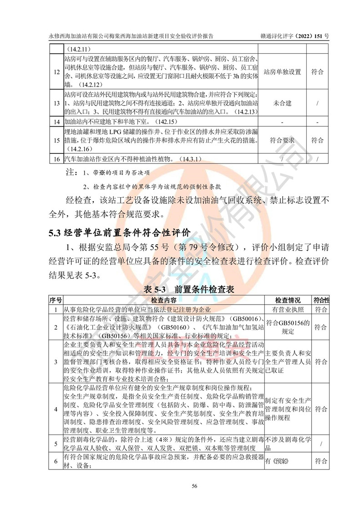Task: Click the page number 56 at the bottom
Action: (194, 486)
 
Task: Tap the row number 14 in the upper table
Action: (56, 122)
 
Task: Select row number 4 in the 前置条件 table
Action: (56, 409)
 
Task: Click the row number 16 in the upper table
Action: (56, 159)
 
